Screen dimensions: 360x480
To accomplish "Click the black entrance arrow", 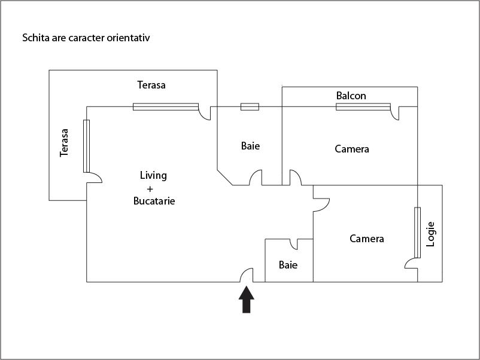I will coord(247,300).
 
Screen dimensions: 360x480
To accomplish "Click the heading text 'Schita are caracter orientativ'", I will coord(86,38).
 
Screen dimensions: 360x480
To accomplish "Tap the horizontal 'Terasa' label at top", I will coord(151,85).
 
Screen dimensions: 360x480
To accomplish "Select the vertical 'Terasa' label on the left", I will coord(65,144).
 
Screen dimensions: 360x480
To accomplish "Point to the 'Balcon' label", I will coord(351,96).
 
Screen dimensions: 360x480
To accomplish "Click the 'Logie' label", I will coord(430,234).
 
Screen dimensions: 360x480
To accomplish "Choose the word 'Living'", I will coord(153,175).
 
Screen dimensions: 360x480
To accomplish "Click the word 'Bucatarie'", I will coord(154,202).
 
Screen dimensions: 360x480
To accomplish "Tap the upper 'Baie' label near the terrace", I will coord(251,145).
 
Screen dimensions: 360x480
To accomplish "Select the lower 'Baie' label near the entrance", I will coord(288,265).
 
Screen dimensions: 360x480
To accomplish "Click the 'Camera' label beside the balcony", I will coord(352,149).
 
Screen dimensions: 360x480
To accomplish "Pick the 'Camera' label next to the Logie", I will coord(367,239).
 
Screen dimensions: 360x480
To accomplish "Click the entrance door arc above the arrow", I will coord(246,275).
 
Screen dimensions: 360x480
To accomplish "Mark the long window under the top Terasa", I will coord(165,107).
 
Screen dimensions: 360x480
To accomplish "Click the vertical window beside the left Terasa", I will coord(86,146).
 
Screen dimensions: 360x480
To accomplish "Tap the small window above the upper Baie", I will coord(250,107).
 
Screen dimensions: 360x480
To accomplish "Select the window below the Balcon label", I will coord(363,107).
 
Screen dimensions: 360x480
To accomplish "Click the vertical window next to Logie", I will coord(417,233).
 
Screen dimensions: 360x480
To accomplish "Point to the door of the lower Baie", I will coord(294,244).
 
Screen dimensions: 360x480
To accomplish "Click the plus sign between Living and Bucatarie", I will coord(150,188).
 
